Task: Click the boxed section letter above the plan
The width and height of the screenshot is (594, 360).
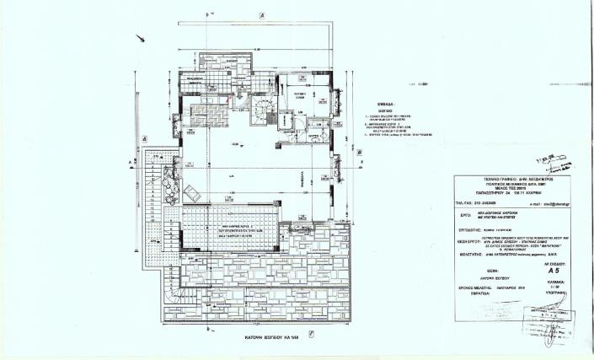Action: click(x=263, y=16)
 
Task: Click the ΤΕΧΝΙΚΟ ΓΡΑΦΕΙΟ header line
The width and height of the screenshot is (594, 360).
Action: click(x=519, y=180)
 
